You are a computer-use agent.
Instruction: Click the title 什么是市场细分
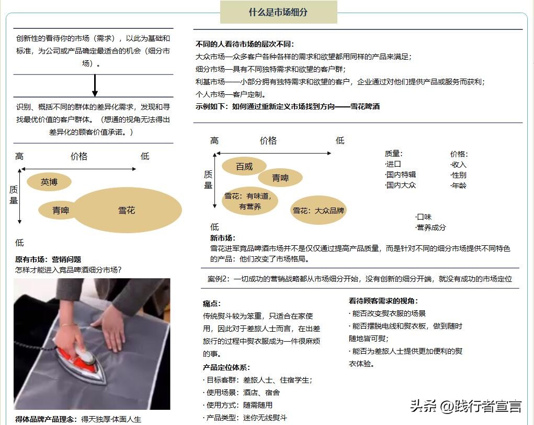278,12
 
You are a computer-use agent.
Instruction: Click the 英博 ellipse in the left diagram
49,182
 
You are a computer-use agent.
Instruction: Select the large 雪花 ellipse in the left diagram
127,210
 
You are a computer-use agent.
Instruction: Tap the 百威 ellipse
244,166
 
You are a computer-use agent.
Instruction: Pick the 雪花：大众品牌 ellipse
318,211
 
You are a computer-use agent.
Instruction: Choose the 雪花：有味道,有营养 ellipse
249,201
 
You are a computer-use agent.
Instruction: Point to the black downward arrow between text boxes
95,86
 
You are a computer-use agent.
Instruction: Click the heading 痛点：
212,303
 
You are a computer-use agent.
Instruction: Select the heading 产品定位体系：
226,367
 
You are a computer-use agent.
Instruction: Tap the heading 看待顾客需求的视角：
383,301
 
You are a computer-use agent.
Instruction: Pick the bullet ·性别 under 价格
458,175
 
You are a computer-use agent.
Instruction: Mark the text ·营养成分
430,227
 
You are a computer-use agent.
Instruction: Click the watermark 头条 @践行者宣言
465,406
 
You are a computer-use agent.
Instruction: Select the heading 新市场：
223,238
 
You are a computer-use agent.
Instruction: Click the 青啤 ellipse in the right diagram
280,178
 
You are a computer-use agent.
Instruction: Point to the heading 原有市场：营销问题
48,259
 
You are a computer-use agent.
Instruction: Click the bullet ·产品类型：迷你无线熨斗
245,418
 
